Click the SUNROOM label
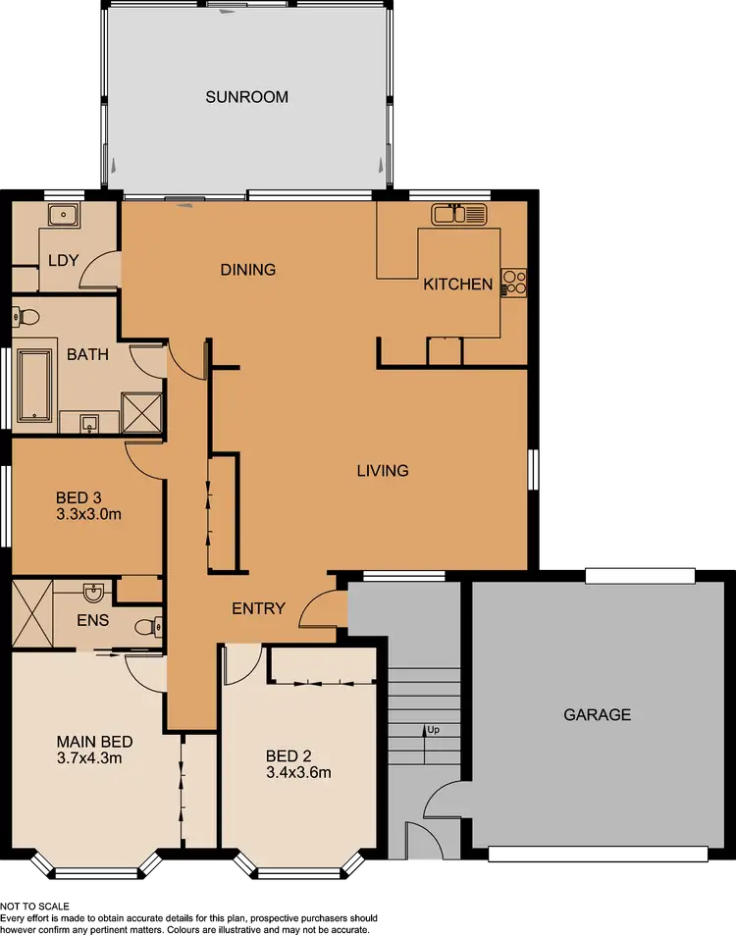[x=246, y=97]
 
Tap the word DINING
[x=247, y=270]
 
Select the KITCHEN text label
[x=457, y=285]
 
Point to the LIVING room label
[x=382, y=471]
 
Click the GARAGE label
[x=597, y=715]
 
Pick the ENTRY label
[x=258, y=608]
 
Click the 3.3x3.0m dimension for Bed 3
[x=88, y=513]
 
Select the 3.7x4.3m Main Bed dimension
[x=88, y=757]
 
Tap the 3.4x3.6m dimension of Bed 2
[x=298, y=772]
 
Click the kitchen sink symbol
[x=459, y=213]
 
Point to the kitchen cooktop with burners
[x=514, y=284]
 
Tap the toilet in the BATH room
[x=26, y=317]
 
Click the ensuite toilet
[x=145, y=626]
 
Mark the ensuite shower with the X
[x=31, y=614]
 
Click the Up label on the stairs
[x=431, y=730]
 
